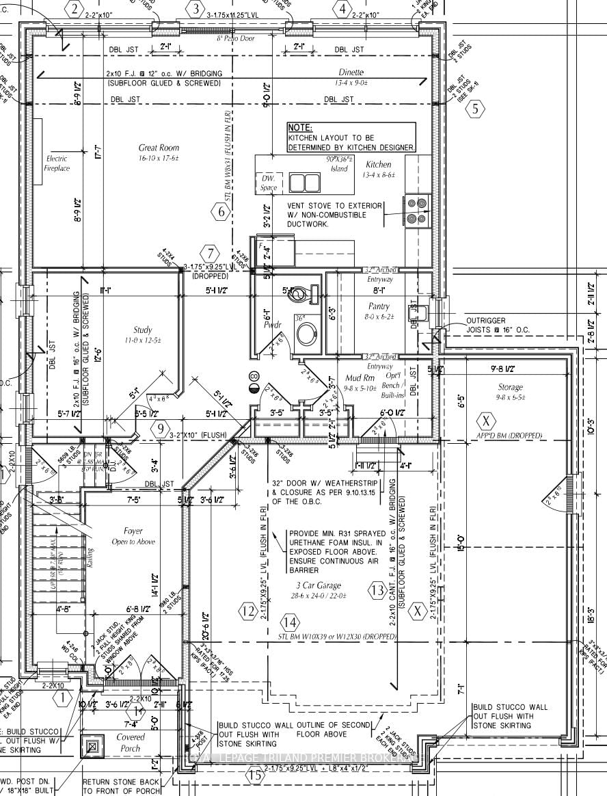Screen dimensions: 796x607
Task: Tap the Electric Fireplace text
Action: point(57,163)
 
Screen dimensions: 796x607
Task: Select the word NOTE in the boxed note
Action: point(301,128)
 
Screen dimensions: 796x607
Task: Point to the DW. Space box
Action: point(268,183)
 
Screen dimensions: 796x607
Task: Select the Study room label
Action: point(143,330)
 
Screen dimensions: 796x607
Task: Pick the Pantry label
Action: point(378,307)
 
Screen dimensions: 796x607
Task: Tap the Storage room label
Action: point(510,387)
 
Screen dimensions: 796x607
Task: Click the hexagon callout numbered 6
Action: point(221,212)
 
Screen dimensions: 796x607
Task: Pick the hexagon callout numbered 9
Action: point(161,429)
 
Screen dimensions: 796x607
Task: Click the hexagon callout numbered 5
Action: point(476,108)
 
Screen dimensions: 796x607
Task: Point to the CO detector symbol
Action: point(254,376)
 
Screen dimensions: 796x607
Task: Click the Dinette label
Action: point(351,72)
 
